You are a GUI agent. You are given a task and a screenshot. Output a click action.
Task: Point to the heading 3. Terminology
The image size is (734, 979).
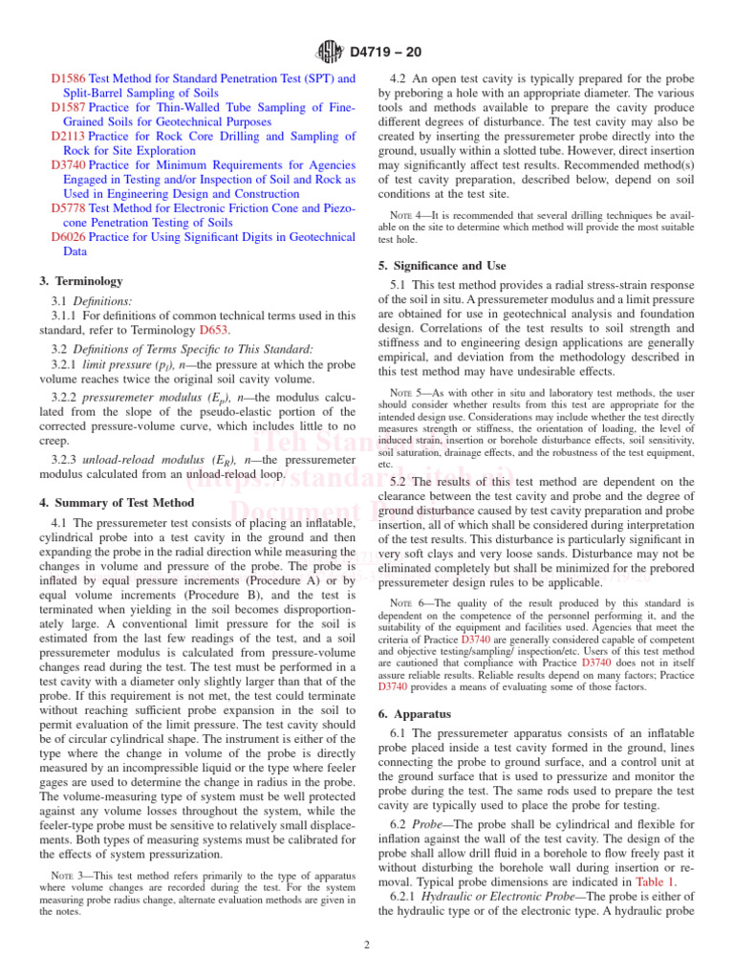[81, 281]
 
